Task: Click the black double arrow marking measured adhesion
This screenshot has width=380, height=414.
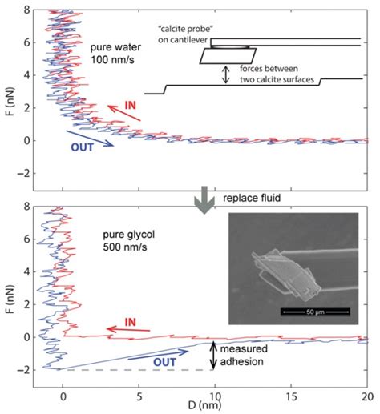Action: [213, 356]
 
